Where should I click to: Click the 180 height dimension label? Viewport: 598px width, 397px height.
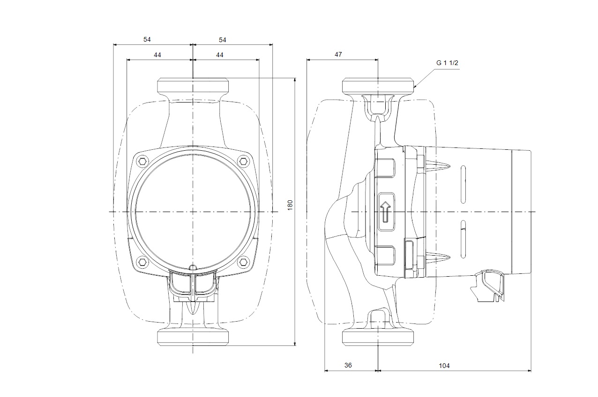click(x=290, y=204)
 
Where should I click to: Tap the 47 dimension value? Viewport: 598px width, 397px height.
click(x=338, y=54)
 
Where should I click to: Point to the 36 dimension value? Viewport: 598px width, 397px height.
click(x=348, y=365)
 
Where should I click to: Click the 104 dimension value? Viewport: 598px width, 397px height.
click(x=444, y=365)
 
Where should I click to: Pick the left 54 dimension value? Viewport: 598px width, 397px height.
click(x=147, y=40)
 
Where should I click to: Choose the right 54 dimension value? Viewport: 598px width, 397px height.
click(x=222, y=40)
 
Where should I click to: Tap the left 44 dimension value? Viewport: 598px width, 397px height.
click(x=157, y=55)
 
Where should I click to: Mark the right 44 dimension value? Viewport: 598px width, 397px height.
click(x=219, y=55)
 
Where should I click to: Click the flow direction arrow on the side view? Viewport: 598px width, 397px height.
click(x=385, y=212)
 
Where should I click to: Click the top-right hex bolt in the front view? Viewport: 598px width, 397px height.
click(x=243, y=162)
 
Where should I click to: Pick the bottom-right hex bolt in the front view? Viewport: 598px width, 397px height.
click(x=243, y=261)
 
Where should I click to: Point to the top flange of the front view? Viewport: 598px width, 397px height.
click(x=193, y=86)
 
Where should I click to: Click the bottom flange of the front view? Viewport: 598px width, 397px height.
click(x=193, y=337)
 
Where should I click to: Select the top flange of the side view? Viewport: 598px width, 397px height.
click(x=378, y=86)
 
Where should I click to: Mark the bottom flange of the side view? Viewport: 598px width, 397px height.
click(x=378, y=337)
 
